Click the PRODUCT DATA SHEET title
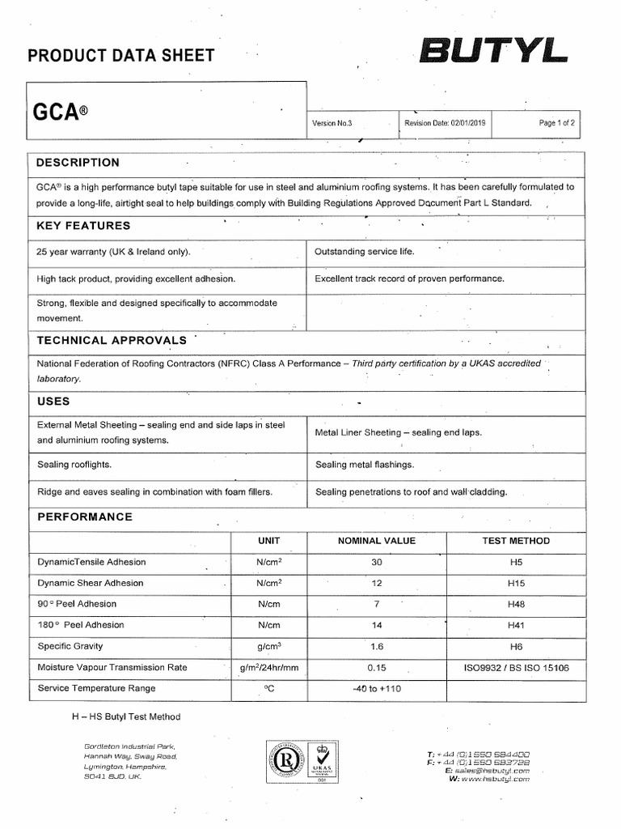tap(121, 56)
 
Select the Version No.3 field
tap(332, 123)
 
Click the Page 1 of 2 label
tap(556, 123)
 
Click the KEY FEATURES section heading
tap(83, 226)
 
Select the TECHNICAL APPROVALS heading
tap(112, 340)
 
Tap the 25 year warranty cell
tap(114, 252)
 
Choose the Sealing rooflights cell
tap(74, 465)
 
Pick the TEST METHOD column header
tap(516, 541)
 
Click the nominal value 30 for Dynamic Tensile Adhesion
tap(376, 562)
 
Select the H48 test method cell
tap(516, 604)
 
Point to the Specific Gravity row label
tap(70, 646)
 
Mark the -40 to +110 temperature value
tap(376, 688)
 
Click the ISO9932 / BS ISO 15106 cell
tap(516, 667)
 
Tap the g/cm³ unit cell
tap(268, 646)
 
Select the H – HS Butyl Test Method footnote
tap(126, 716)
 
